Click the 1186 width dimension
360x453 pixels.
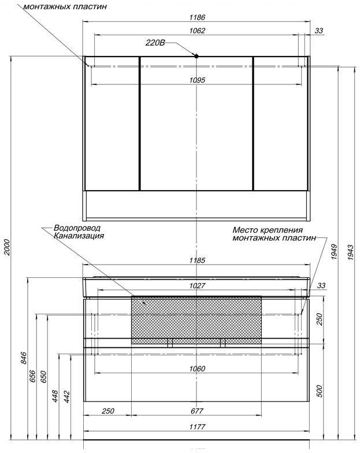coord(198,17)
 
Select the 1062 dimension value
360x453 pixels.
coord(198,31)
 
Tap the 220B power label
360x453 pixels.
coord(155,43)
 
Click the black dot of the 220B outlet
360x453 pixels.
coord(196,56)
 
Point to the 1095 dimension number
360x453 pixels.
coord(198,80)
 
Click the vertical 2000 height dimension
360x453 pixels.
coord(7,247)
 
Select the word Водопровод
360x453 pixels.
coord(77,228)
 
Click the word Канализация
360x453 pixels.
coord(79,236)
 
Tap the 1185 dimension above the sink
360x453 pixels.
coord(198,261)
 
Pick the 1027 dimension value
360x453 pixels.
coord(198,285)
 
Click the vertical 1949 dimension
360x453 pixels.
coord(334,252)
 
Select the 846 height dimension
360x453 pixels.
coord(24,358)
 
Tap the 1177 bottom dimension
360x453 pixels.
coord(198,426)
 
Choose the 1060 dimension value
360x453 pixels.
coord(198,369)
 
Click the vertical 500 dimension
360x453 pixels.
coord(320,391)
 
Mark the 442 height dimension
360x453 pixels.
coord(67,397)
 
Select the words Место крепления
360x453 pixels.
coord(268,230)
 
